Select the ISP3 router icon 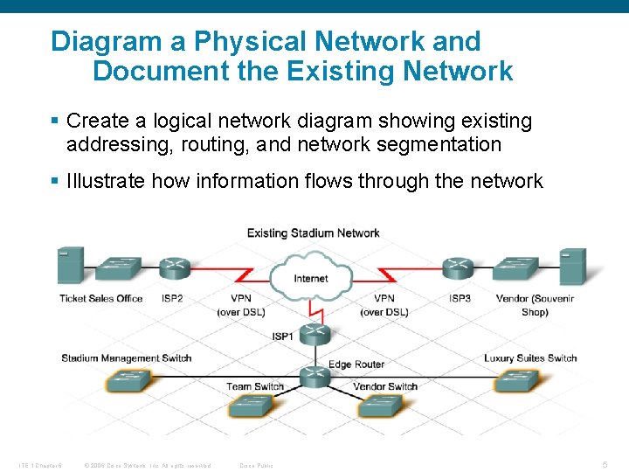point(457,267)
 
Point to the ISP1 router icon point(312,333)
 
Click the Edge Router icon point(312,377)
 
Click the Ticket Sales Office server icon point(71,266)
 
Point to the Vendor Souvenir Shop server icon point(572,266)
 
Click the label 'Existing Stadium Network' point(313,233)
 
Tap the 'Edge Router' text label point(356,364)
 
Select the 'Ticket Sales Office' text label point(100,298)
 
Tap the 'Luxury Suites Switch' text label point(530,357)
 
